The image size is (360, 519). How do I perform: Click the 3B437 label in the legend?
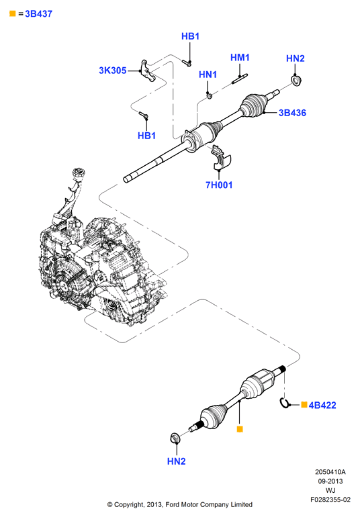click(x=38, y=14)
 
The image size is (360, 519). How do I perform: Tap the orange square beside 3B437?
click(x=13, y=13)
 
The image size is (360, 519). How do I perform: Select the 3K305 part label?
click(x=113, y=70)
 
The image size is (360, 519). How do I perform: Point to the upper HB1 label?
click(x=191, y=36)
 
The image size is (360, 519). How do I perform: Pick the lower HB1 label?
click(x=146, y=136)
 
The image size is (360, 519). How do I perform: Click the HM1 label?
click(x=240, y=58)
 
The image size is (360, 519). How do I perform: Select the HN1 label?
click(x=208, y=75)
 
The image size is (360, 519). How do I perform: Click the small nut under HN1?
click(x=210, y=95)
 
